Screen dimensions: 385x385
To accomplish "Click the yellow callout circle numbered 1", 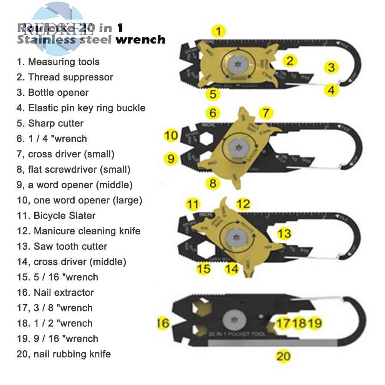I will pyautogui.click(x=218, y=30).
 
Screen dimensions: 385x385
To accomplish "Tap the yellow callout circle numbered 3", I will pyautogui.click(x=331, y=68).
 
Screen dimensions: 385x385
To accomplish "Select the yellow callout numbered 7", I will pyautogui.click(x=265, y=113).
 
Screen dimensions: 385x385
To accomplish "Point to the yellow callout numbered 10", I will pyautogui.click(x=171, y=135).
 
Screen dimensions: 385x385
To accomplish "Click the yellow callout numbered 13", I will pyautogui.click(x=284, y=233).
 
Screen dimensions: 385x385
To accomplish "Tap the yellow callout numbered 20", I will pyautogui.click(x=283, y=356).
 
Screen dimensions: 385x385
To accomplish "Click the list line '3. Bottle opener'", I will pyautogui.click(x=53, y=93).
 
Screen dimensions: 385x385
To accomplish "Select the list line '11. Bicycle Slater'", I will pyautogui.click(x=56, y=216).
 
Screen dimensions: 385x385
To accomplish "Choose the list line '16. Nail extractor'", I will pyautogui.click(x=55, y=293).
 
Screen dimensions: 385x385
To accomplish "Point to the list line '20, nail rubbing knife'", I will pyautogui.click(x=64, y=354).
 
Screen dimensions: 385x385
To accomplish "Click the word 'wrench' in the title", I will pyautogui.click(x=140, y=39).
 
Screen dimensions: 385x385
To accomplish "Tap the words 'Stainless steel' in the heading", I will pyautogui.click(x=65, y=39).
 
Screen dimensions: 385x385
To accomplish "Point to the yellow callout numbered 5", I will pyautogui.click(x=213, y=94).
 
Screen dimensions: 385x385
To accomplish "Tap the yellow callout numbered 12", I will pyautogui.click(x=243, y=204).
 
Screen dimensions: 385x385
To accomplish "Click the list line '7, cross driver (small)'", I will pyautogui.click(x=66, y=154).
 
